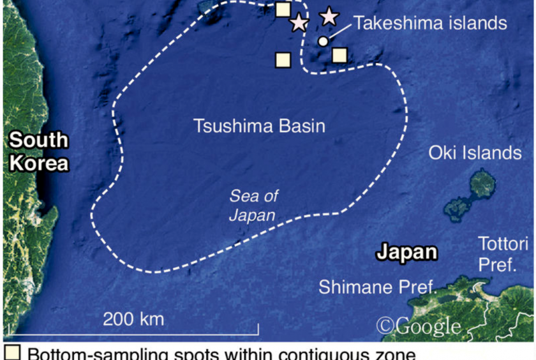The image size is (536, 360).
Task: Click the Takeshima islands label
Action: click(430, 24)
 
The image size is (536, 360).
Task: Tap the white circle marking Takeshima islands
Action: click(323, 41)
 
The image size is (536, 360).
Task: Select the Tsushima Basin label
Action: click(259, 126)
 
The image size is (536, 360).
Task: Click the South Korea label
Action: click(38, 151)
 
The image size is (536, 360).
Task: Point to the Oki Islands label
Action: click(475, 153)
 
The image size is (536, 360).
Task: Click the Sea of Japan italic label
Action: click(253, 206)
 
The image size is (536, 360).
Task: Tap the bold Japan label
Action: click(406, 252)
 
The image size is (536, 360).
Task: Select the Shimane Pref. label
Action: click(376, 287)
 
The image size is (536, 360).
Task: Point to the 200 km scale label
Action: click(133, 319)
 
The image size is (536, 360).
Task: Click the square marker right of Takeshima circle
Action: click(339, 55)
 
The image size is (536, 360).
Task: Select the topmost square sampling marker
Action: click(283, 9)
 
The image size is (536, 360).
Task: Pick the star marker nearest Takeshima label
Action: click(329, 16)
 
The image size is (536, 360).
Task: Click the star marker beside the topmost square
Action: click(299, 23)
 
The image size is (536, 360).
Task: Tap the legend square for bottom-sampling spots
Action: click(12, 354)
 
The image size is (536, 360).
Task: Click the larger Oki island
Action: click(483, 184)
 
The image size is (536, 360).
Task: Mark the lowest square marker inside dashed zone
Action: click(283, 60)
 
